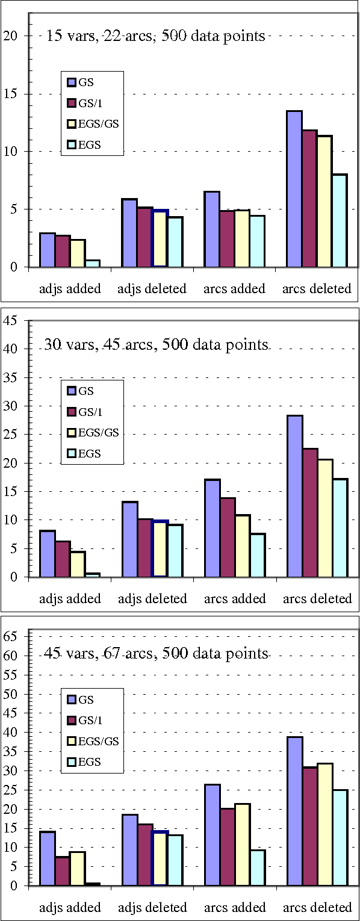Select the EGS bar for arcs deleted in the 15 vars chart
click(340, 221)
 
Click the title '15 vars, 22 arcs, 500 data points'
click(155, 36)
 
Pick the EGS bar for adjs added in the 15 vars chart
click(93, 264)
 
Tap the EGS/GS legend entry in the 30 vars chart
click(99, 432)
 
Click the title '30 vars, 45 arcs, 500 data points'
click(155, 345)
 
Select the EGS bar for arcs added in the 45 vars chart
click(257, 867)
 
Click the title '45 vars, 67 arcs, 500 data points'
click(155, 654)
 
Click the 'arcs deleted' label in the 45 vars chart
click(317, 907)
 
